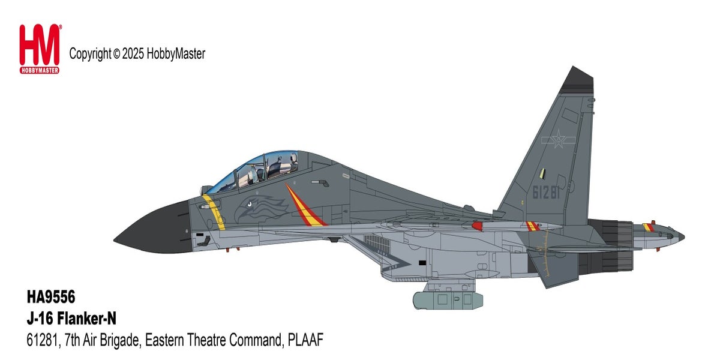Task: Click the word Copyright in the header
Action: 90,54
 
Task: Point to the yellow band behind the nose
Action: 213,212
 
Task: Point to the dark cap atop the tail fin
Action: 577,80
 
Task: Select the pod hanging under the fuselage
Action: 446,299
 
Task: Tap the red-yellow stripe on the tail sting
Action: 648,227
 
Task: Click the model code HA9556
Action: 51,297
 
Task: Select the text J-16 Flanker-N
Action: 71,320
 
